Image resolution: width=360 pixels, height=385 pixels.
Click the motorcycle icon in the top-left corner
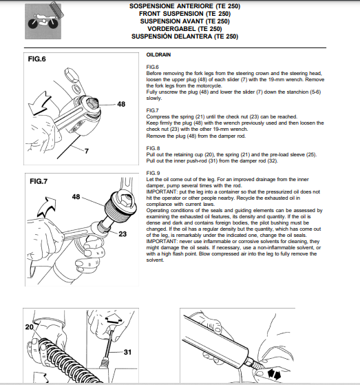(x=43, y=21)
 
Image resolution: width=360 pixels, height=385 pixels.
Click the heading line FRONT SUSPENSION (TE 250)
(x=184, y=14)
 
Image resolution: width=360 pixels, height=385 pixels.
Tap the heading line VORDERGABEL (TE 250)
(x=184, y=29)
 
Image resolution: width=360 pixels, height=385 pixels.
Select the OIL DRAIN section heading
(x=158, y=55)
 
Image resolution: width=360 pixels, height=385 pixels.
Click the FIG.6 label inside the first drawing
(x=36, y=59)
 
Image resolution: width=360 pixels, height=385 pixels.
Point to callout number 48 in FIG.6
(x=121, y=104)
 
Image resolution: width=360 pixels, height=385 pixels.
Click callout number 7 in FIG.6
(x=86, y=151)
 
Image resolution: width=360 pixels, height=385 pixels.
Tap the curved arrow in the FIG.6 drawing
(x=40, y=103)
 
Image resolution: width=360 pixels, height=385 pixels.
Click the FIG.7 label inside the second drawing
(x=39, y=181)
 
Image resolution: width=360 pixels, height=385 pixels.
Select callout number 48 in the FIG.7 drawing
(x=76, y=197)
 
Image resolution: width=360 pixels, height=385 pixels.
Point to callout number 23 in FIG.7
(x=123, y=233)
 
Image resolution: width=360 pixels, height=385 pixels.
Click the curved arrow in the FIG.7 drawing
(x=47, y=207)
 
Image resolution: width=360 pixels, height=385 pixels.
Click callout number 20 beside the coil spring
(x=29, y=327)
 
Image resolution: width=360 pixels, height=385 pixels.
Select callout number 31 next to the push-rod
(x=127, y=352)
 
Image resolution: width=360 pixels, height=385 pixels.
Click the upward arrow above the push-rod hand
(x=114, y=318)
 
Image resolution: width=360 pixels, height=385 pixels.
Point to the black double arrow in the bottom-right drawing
(x=274, y=374)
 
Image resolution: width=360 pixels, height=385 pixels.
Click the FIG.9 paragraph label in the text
(x=153, y=173)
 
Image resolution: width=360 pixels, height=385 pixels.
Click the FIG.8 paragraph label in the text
(x=153, y=148)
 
